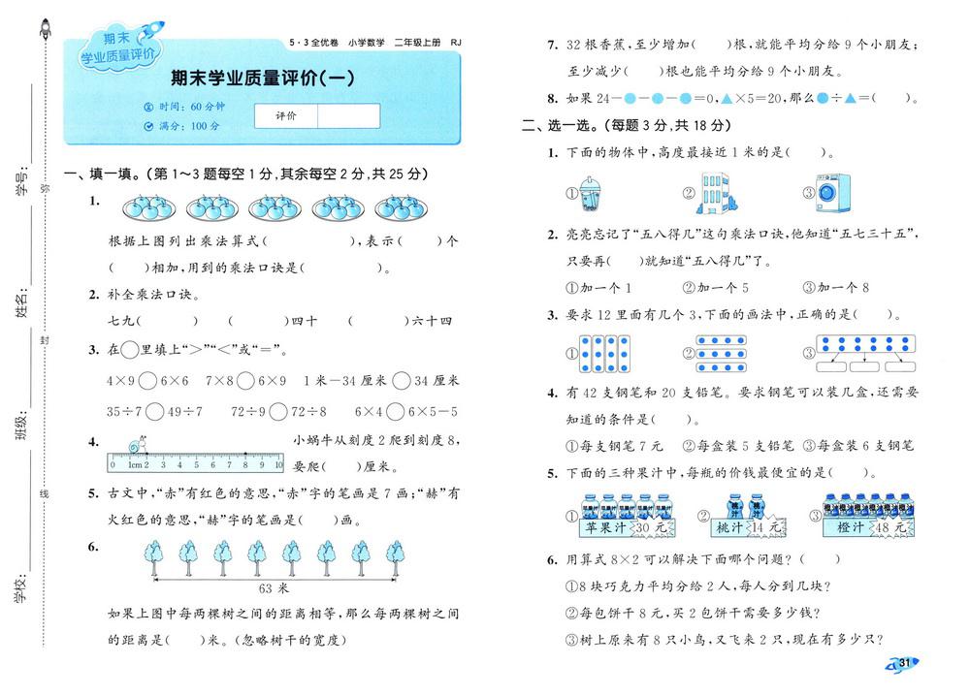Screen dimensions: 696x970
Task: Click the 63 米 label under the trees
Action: (x=275, y=588)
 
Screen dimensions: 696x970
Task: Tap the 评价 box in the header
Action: (x=285, y=115)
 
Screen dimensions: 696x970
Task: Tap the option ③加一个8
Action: (x=835, y=288)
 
